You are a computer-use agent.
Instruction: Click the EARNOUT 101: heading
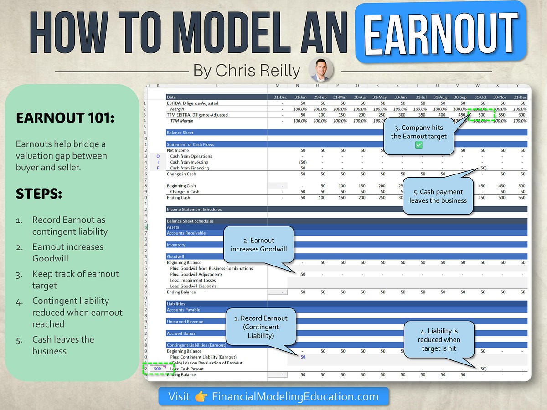pyautogui.click(x=65, y=118)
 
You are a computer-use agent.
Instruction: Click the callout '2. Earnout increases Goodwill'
pyautogui.click(x=258, y=245)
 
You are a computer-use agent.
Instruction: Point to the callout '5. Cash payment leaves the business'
pyautogui.click(x=438, y=196)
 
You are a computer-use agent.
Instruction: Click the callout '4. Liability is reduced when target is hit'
pyautogui.click(x=439, y=339)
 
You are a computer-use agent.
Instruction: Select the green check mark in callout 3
pyautogui.click(x=418, y=145)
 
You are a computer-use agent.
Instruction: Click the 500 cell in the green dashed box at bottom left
pyautogui.click(x=157, y=369)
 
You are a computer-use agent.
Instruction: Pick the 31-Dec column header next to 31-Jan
pyautogui.click(x=280, y=97)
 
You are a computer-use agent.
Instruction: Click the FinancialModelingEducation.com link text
pyautogui.click(x=295, y=396)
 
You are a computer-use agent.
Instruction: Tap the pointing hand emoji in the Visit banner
pyautogui.click(x=201, y=396)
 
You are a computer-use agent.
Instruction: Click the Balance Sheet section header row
pyautogui.click(x=180, y=133)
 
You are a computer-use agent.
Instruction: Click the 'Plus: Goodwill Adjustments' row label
pyautogui.click(x=196, y=274)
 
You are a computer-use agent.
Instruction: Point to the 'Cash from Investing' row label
pyautogui.click(x=189, y=162)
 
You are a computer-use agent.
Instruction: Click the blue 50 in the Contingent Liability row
pyautogui.click(x=303, y=357)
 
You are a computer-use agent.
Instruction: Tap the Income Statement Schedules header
pyautogui.click(x=194, y=210)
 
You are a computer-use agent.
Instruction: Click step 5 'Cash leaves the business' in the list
pyautogui.click(x=63, y=345)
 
